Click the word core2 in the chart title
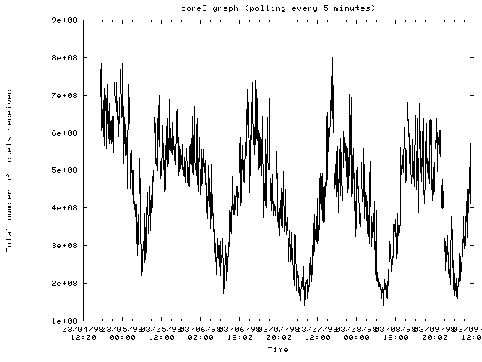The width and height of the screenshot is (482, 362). [193, 8]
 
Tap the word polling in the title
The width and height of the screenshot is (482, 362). [261, 8]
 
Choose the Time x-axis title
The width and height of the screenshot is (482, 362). [277, 350]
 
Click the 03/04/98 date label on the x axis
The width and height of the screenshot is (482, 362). [82, 330]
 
